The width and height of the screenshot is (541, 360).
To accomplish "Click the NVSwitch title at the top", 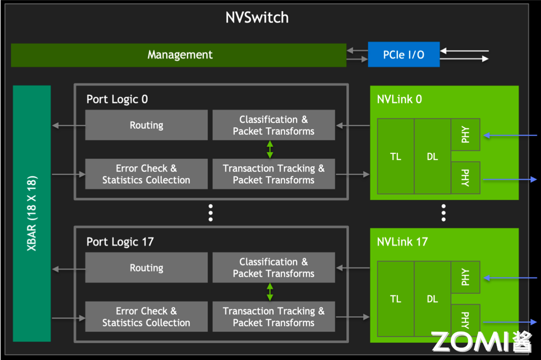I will click(257, 18).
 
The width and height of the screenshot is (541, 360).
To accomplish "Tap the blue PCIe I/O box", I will click(404, 55).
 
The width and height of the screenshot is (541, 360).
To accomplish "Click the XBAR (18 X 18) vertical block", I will click(32, 213).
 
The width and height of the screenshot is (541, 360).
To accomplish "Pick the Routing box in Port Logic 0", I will click(146, 125).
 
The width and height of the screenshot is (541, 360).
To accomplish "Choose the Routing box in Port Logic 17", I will click(146, 268).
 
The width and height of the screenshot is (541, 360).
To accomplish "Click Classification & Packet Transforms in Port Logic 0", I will click(274, 125).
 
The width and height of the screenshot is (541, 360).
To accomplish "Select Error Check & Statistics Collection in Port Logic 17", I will click(146, 317).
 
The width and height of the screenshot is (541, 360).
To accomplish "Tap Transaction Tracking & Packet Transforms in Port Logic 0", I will click(274, 174).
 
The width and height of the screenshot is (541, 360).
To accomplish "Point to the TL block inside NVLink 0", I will click(396, 157).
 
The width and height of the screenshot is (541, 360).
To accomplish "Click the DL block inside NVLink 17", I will click(432, 299).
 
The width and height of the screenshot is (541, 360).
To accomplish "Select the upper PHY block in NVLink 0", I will click(465, 135).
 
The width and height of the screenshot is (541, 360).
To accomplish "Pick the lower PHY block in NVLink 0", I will click(465, 178).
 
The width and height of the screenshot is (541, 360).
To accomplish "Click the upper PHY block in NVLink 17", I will click(465, 277).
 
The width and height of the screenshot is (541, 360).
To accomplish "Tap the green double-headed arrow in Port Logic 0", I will click(270, 150).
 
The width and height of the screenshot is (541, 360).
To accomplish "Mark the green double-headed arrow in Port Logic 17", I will click(270, 292).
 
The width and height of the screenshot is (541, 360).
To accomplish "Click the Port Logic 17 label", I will click(120, 242).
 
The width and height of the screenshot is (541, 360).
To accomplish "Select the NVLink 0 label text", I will click(399, 99).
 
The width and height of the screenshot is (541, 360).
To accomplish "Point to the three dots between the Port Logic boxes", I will click(211, 213).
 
